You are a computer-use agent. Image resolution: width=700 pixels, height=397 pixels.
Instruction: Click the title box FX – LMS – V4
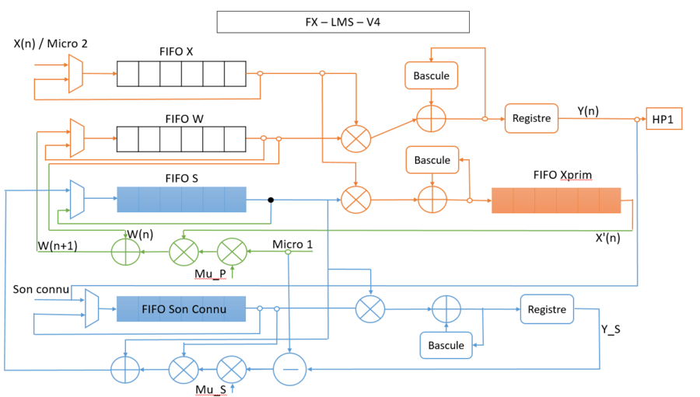(343, 22)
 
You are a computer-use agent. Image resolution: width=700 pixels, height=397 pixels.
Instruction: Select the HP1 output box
(663, 119)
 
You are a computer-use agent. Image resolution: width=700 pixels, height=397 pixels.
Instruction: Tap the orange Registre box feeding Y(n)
(531, 119)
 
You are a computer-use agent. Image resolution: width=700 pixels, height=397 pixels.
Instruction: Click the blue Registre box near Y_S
(546, 309)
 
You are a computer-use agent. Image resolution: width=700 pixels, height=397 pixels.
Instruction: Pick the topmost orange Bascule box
(432, 75)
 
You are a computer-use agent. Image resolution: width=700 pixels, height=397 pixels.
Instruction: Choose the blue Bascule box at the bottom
(446, 345)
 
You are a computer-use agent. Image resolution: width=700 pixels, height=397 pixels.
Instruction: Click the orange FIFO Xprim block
(555, 200)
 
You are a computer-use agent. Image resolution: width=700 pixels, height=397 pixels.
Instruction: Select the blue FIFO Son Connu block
(181, 309)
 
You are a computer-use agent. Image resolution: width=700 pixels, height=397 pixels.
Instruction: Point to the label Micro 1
(292, 245)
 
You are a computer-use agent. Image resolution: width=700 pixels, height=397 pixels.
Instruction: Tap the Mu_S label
(212, 388)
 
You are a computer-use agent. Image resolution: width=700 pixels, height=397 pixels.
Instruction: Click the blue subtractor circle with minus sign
(289, 369)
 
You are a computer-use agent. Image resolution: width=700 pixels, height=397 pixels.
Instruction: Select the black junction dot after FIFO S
(271, 200)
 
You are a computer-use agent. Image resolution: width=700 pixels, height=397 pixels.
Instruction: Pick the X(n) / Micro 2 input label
(51, 44)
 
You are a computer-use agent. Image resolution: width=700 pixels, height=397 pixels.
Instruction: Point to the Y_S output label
(611, 329)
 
